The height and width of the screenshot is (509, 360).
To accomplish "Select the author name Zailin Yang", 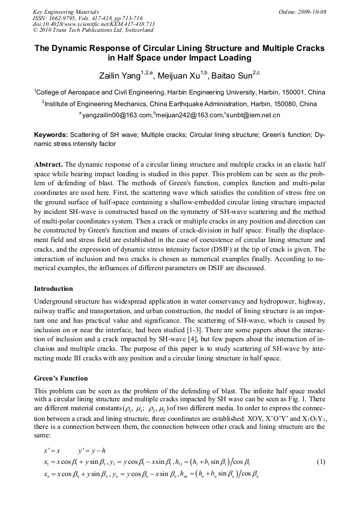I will tap(121, 75).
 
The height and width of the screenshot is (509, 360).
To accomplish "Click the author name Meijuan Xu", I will tap(183, 75).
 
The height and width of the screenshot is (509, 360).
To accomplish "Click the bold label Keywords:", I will tap(51, 135).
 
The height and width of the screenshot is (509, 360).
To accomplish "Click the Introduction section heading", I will tap(54, 289).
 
